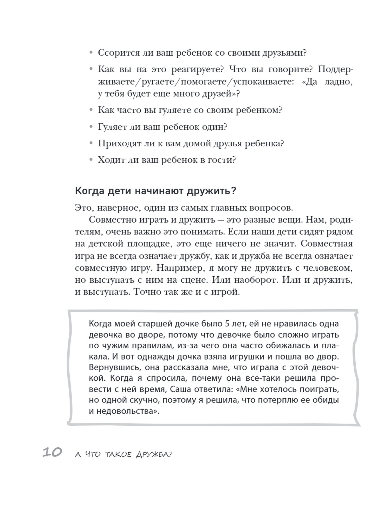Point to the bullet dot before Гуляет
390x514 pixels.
(x=91, y=127)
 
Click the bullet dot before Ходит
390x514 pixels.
(x=91, y=160)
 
